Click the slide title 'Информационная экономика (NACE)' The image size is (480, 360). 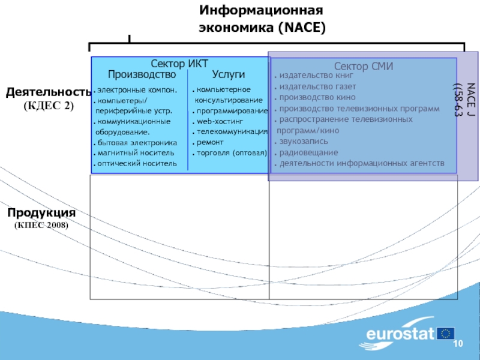[262, 19]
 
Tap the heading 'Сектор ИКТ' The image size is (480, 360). [179, 64]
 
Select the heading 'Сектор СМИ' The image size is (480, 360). [363, 67]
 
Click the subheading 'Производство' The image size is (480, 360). [142, 74]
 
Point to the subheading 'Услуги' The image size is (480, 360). [229, 74]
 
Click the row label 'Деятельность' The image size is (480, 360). [48, 92]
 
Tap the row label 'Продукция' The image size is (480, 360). [41, 213]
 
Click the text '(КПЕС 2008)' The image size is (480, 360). [41, 225]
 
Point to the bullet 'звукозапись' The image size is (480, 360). [305, 142]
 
